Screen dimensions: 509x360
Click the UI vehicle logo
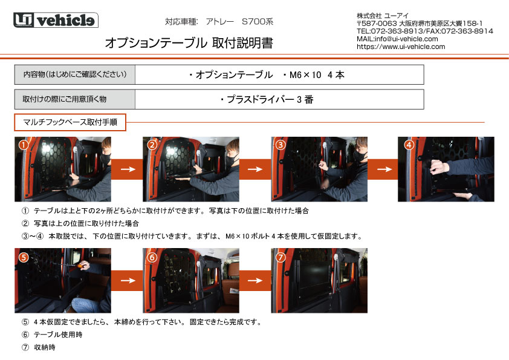click(x=56, y=20)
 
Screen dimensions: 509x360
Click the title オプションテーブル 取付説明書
click(x=189, y=43)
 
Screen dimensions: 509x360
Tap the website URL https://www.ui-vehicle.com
click(x=401, y=47)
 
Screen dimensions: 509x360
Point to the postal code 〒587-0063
click(x=377, y=24)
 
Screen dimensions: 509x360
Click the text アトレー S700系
click(x=239, y=22)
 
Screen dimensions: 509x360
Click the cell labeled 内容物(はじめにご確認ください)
click(x=75, y=74)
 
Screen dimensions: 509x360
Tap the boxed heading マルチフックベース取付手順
click(x=70, y=122)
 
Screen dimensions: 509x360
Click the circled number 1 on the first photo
click(x=24, y=145)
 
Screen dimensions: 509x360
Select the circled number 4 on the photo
click(x=409, y=145)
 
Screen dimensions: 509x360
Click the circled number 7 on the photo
click(x=280, y=258)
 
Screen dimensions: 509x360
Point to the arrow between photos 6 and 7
click(x=255, y=280)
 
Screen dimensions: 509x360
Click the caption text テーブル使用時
click(x=58, y=335)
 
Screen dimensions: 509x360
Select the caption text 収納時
click(x=45, y=347)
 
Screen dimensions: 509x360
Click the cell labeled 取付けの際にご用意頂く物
click(x=75, y=99)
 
